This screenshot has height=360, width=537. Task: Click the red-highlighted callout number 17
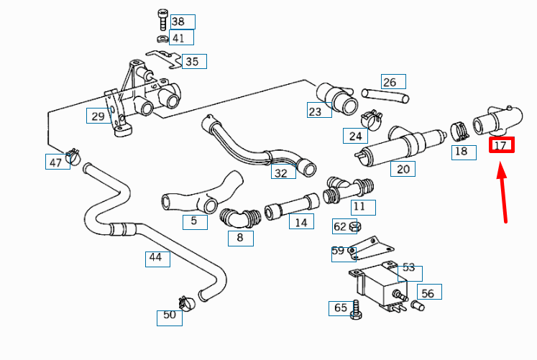[x=501, y=145]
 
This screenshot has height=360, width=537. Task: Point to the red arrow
[x=504, y=194]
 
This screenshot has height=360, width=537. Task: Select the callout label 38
[x=178, y=22]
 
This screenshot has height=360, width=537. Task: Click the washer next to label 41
[x=162, y=39]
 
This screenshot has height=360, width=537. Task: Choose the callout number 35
[x=192, y=62]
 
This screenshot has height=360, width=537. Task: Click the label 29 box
[x=98, y=116]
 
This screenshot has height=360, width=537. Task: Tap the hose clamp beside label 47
[x=73, y=156]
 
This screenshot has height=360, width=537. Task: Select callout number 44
[x=155, y=257]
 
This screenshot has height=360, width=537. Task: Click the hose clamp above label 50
[x=186, y=303]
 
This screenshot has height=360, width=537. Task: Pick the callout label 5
[x=194, y=221]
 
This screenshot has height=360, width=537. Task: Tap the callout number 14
[x=301, y=223]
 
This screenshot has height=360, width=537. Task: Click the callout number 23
[x=315, y=111]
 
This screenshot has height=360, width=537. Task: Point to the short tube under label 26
[x=385, y=95]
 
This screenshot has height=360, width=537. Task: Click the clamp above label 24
[x=370, y=117]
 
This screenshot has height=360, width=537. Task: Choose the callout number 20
[x=403, y=169]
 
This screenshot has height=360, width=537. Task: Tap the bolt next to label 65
[x=355, y=310]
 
